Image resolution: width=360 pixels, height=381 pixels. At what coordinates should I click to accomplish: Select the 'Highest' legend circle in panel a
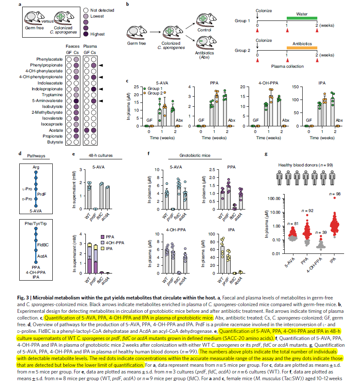click(86, 34)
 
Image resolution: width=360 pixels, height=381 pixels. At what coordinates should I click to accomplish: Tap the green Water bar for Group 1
click(302, 18)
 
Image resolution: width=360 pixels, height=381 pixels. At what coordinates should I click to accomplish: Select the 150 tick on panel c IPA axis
click(298, 87)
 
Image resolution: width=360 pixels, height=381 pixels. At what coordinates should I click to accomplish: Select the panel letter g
click(267, 154)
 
